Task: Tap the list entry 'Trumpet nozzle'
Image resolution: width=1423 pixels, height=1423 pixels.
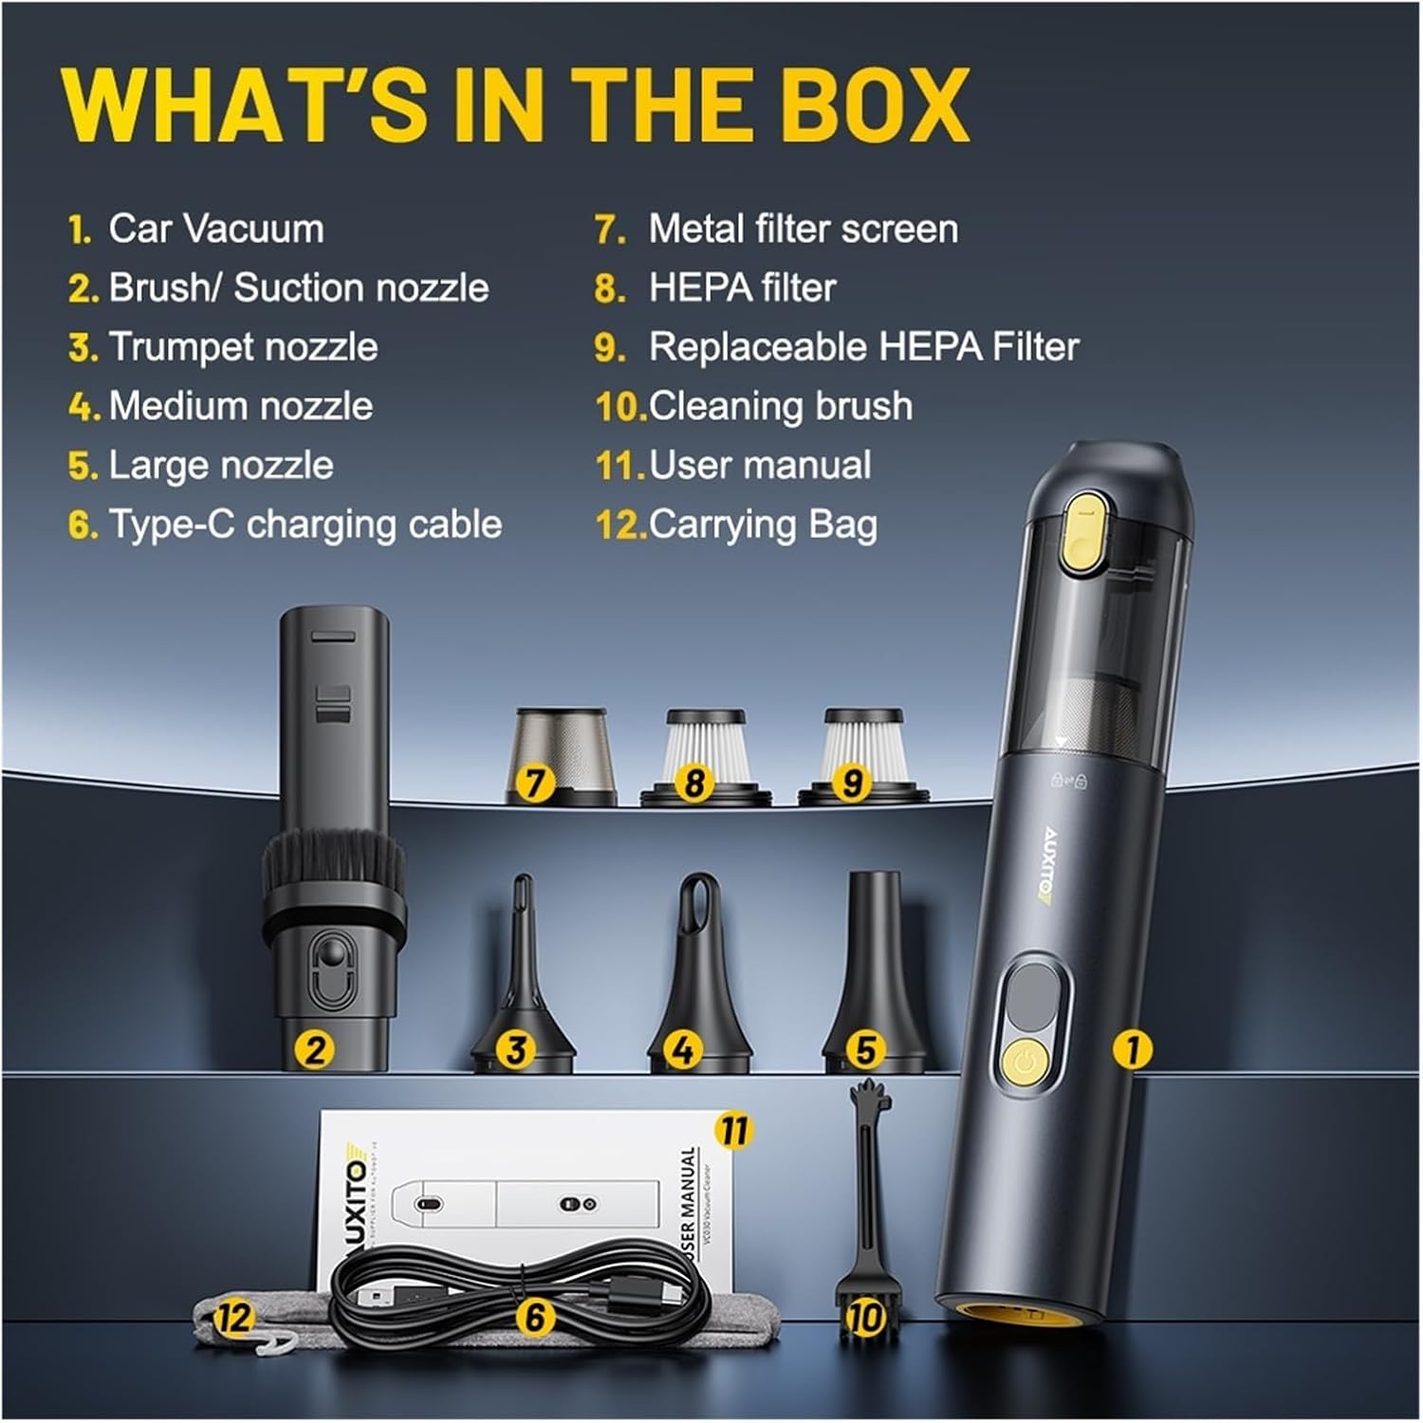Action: tap(243, 347)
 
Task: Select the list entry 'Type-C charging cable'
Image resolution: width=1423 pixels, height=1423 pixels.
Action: tap(305, 525)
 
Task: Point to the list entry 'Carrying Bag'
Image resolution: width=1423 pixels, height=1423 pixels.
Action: tap(763, 525)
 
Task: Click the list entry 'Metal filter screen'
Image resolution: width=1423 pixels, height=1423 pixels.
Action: tap(803, 230)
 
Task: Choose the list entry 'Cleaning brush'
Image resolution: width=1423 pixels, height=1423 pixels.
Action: tap(780, 407)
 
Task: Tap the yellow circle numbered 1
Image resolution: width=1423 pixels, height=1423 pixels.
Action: tap(1132, 1050)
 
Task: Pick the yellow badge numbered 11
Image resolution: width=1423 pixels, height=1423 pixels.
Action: tap(733, 1131)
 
